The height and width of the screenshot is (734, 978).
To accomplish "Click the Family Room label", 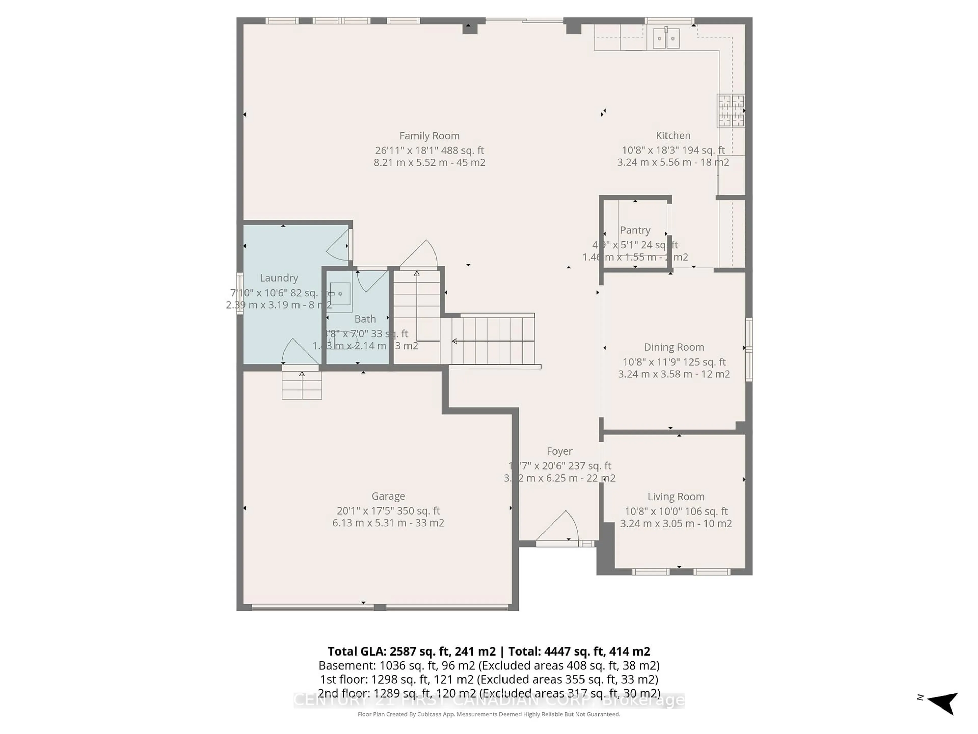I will [429, 136].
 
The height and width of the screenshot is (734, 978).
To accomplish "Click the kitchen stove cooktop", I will [731, 111].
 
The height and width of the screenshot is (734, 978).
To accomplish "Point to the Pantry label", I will [635, 230].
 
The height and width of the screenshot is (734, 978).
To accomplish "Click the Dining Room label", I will [674, 347].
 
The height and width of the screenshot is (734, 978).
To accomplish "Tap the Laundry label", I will [279, 278].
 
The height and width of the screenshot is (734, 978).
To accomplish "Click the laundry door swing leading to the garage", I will [294, 352].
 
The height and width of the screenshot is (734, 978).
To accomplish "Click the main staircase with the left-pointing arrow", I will [491, 341].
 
